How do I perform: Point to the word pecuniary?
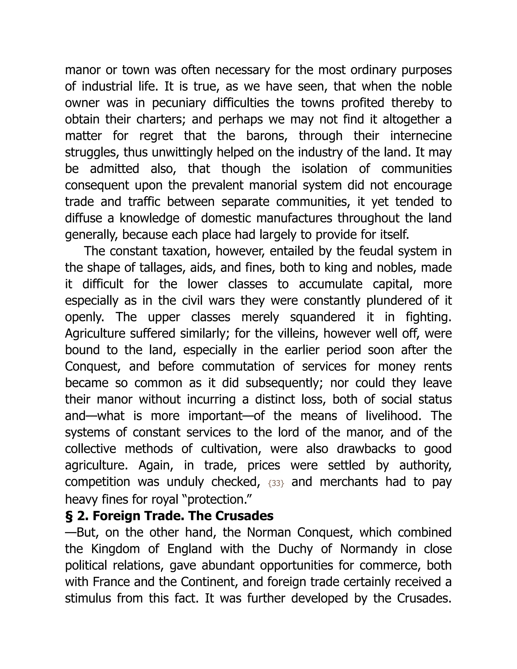pos(179,103)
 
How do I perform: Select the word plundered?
pos(394,300)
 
